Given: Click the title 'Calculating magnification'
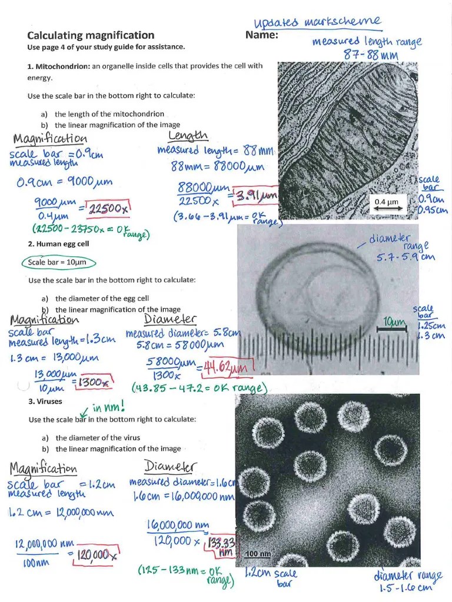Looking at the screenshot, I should pos(91,35).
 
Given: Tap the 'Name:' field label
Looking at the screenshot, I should pos(261,35).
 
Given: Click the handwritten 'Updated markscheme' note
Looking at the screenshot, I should pos(317,22).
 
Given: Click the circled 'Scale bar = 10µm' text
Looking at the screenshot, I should pos(59,262).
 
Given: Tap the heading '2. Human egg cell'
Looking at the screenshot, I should pos(58,243).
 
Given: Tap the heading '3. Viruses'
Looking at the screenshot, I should pos(45,402).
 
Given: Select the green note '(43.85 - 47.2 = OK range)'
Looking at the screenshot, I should pos(200,389).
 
